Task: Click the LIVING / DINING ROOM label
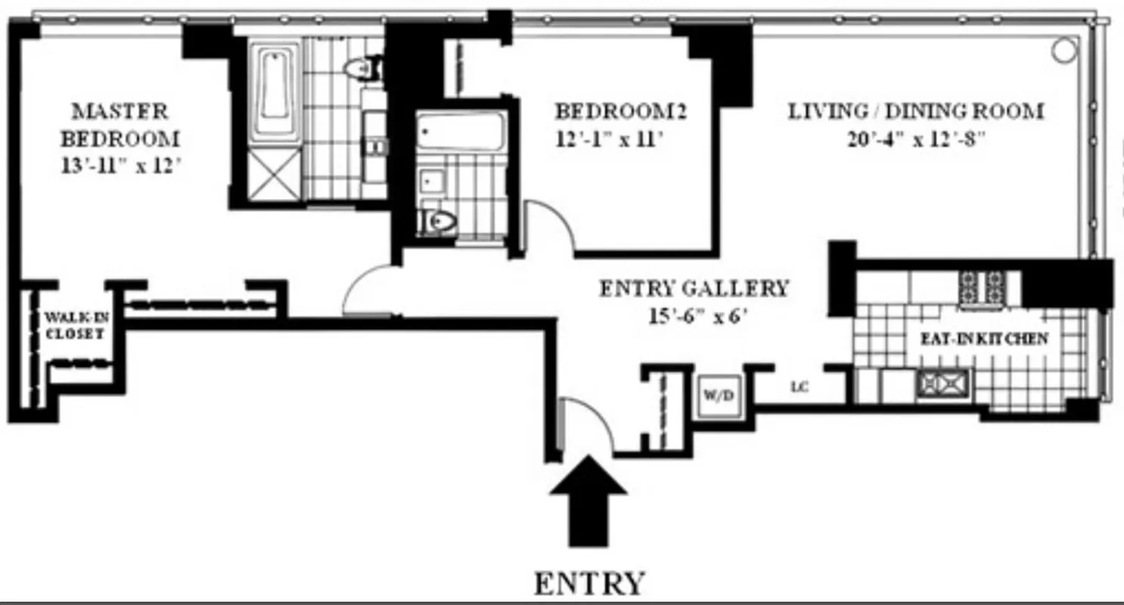[x=916, y=112]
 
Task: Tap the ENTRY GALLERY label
[x=694, y=288]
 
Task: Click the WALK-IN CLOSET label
[x=73, y=324]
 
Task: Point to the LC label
[x=800, y=388]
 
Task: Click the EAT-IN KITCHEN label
[x=983, y=339]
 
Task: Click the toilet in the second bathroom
[x=439, y=222]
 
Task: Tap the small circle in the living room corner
[x=1063, y=50]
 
